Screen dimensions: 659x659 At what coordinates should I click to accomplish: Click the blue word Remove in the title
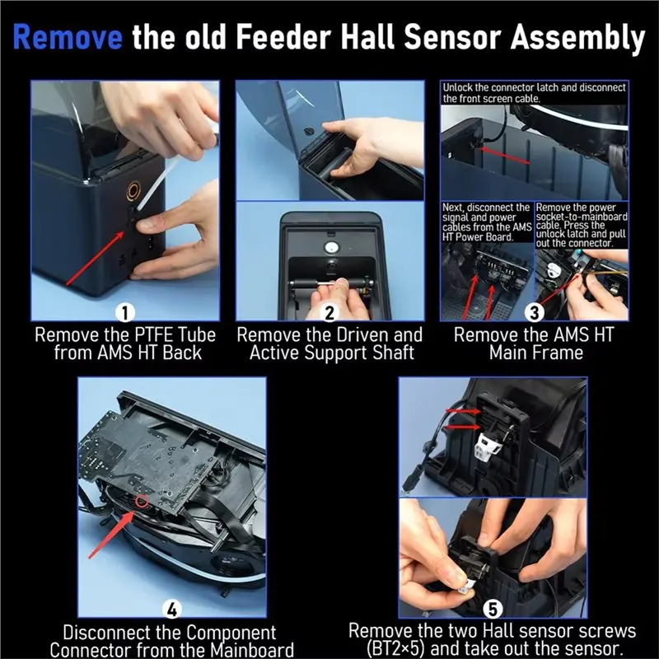[68, 37]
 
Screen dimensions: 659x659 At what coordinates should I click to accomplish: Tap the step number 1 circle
[125, 313]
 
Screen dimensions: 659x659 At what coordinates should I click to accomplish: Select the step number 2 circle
[329, 313]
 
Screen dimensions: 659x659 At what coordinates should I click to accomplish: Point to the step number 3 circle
[534, 313]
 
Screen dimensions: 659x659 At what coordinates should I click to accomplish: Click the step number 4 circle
[172, 610]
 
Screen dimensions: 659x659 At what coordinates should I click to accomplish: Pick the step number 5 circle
[493, 610]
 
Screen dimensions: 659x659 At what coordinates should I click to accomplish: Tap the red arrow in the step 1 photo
[95, 258]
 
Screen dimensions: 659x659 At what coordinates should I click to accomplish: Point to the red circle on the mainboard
[142, 502]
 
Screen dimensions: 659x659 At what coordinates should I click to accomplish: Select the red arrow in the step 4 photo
[111, 534]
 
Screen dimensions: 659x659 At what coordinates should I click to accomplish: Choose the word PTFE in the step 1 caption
[154, 335]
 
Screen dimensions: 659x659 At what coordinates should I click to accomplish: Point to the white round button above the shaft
[329, 247]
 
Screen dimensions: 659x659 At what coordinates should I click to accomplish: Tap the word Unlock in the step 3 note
[458, 88]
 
